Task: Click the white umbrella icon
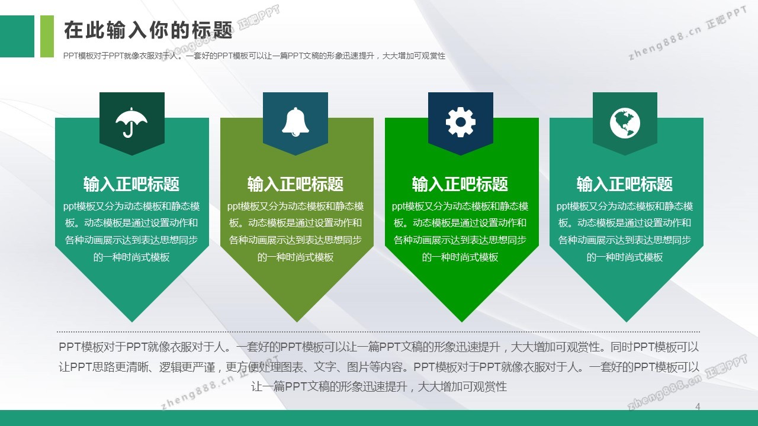(131, 122)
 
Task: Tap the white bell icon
(296, 122)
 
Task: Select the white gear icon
(461, 122)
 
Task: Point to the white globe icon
(625, 123)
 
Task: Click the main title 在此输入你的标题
(148, 30)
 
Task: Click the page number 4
(698, 406)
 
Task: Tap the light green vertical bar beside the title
(47, 36)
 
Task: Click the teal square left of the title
(17, 36)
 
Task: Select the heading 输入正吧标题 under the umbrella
(131, 184)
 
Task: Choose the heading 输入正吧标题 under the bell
(296, 184)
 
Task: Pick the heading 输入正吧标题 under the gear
(460, 184)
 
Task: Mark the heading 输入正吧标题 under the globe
(625, 184)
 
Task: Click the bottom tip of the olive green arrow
(297, 322)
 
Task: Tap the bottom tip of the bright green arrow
(461, 322)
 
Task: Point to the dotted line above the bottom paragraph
(378, 332)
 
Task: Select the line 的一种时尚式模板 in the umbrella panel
(131, 257)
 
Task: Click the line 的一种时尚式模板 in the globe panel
(625, 257)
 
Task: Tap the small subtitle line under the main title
(254, 56)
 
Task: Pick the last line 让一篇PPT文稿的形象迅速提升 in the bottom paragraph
(379, 386)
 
